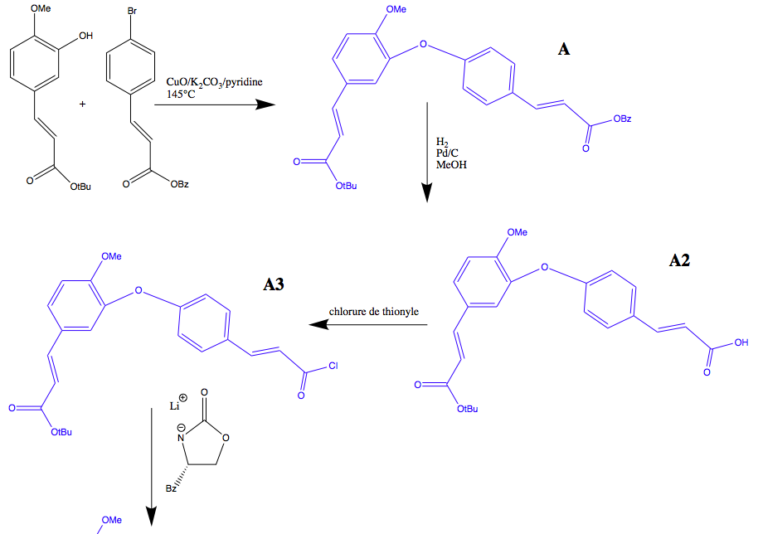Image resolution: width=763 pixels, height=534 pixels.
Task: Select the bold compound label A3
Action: pos(274,285)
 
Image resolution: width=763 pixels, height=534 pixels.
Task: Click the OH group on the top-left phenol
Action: pos(85,36)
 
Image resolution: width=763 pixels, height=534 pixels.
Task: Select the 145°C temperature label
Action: pos(182,95)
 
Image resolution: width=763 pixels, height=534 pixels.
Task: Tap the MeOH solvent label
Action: pos(451,165)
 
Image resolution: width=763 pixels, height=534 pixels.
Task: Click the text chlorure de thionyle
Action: pos(373,312)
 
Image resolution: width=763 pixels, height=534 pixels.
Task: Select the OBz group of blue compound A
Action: pos(622,120)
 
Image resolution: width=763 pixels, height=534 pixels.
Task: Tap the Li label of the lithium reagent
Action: pos(176,406)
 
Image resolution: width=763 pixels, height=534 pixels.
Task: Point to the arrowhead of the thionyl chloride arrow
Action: pos(318,325)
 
